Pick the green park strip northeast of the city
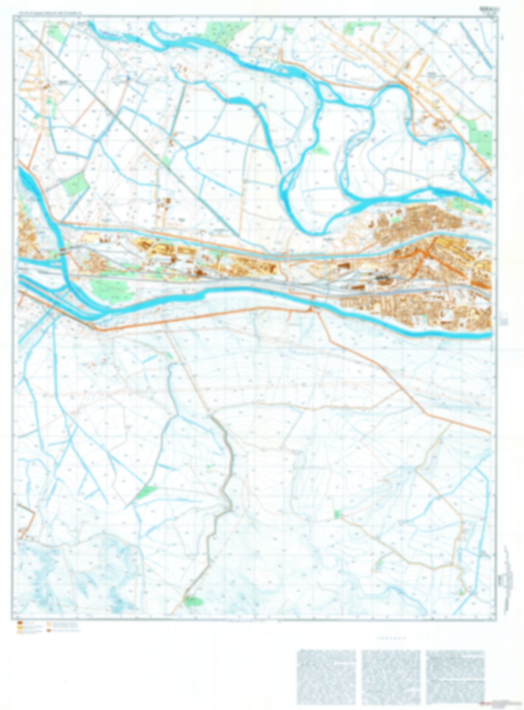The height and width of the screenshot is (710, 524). tap(466, 205)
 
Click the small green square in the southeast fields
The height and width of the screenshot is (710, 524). tap(337, 514)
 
